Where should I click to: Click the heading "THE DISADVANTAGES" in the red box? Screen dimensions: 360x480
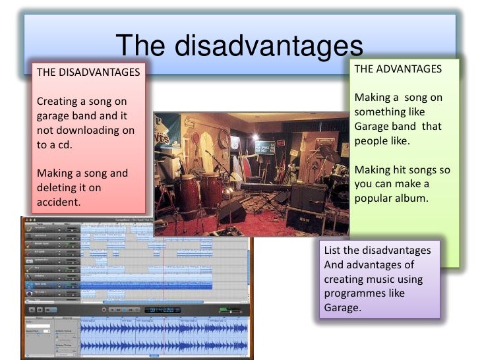click(x=88, y=72)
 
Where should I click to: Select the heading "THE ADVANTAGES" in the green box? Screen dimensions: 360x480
click(x=398, y=69)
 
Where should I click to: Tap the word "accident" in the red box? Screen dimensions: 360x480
click(x=58, y=202)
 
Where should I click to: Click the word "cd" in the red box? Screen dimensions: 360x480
click(x=64, y=145)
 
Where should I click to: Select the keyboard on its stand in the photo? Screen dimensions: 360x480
click(x=264, y=188)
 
